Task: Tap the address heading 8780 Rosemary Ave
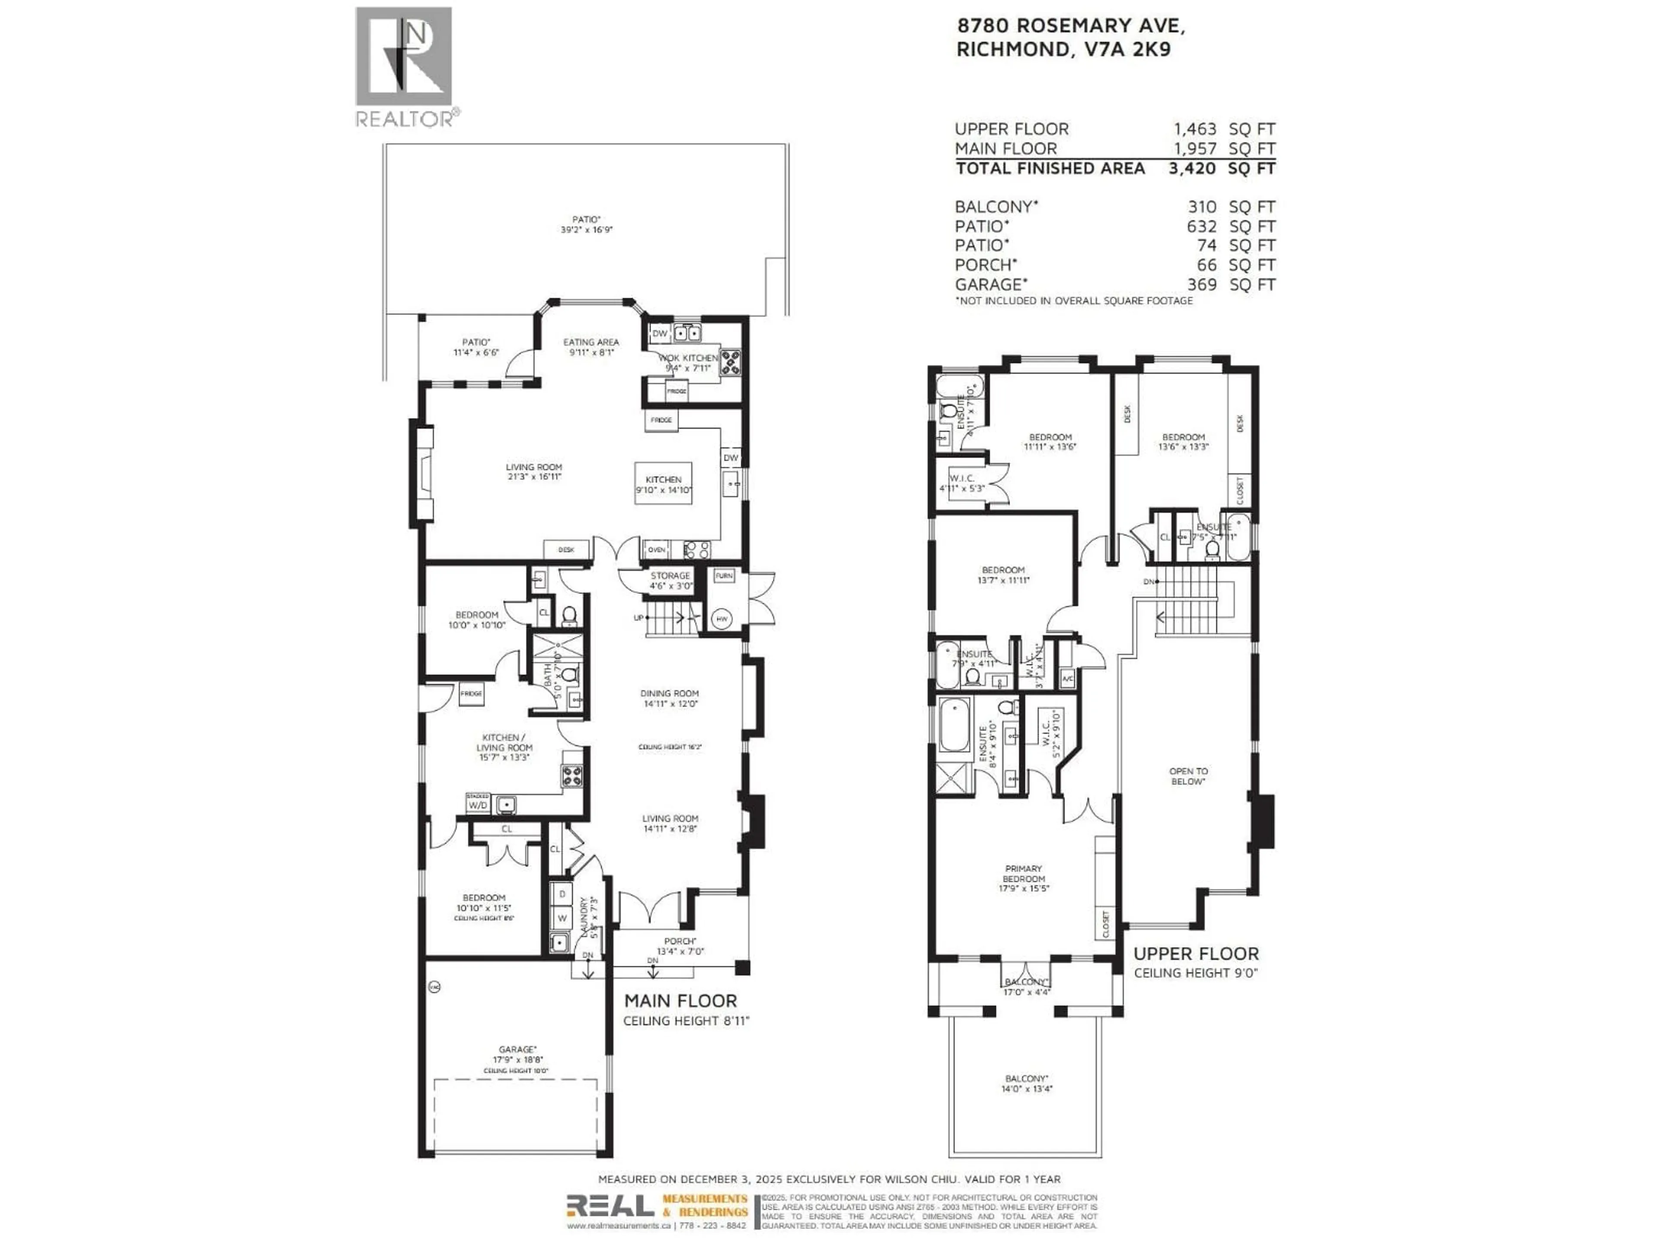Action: click(x=1071, y=26)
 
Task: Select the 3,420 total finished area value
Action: click(x=1192, y=168)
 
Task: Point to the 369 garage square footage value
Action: click(x=1201, y=284)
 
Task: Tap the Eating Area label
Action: click(x=591, y=342)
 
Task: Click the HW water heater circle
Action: click(x=722, y=619)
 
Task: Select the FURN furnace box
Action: click(x=723, y=576)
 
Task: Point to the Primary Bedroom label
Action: click(x=1024, y=874)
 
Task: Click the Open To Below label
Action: click(x=1189, y=776)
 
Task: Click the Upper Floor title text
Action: click(x=1195, y=953)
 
